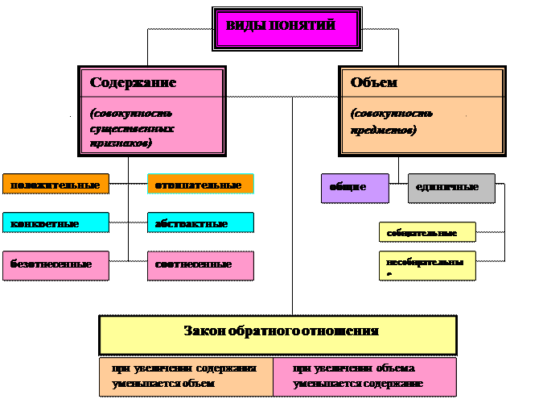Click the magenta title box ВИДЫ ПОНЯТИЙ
pyautogui.click(x=286, y=27)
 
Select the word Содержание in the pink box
pyautogui.click(x=133, y=83)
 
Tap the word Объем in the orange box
pyautogui.click(x=374, y=83)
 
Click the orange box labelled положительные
pyautogui.click(x=56, y=185)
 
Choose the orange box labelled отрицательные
pyautogui.click(x=200, y=185)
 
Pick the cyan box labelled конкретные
pyautogui.click(x=56, y=223)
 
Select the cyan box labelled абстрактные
pyautogui.click(x=200, y=223)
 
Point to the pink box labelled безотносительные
pyautogui.click(x=56, y=264)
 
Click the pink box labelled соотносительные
pyautogui.click(x=200, y=264)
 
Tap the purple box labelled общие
pyautogui.click(x=355, y=188)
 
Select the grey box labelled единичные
pyautogui.click(x=451, y=188)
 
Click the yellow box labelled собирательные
pyautogui.click(x=427, y=233)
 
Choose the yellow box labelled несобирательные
pyautogui.click(x=427, y=264)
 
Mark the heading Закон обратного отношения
pyautogui.click(x=281, y=330)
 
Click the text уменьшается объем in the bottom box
pyautogui.click(x=163, y=384)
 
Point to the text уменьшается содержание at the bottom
pyautogui.click(x=358, y=384)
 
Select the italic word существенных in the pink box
pyautogui.click(x=132, y=128)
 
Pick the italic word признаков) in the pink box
pyautogui.click(x=121, y=142)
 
